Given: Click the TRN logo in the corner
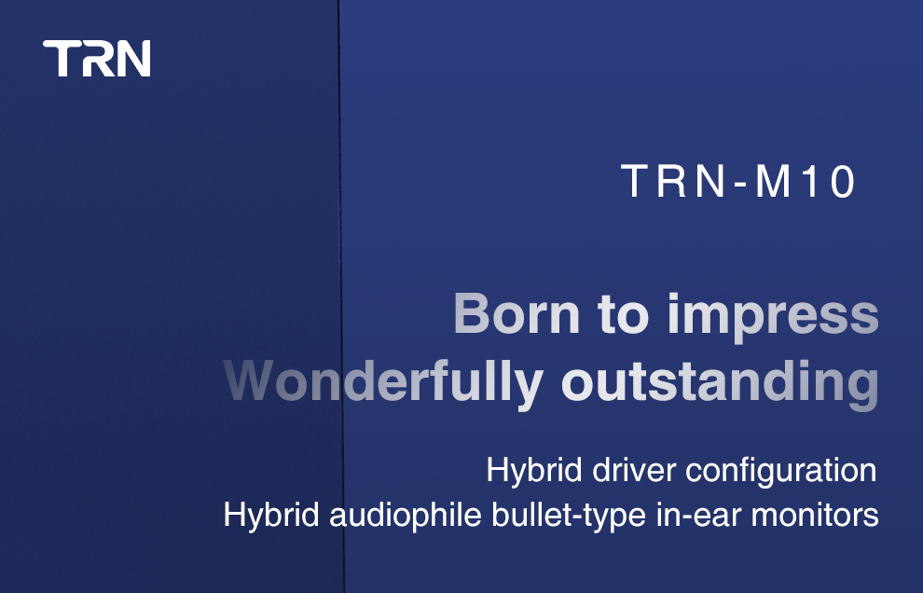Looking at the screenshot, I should point(97,59).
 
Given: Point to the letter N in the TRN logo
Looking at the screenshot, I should point(133,59).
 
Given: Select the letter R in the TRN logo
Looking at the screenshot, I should point(96,59).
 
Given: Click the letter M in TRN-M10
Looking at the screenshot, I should point(773,182).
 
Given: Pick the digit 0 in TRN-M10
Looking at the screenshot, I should point(842,182).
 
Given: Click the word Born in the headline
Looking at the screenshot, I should point(516,314).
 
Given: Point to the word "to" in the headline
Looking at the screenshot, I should point(623,315).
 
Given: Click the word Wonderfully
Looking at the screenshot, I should point(383,381).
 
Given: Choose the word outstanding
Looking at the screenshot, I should point(720,383).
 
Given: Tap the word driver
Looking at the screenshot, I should point(636,470).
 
